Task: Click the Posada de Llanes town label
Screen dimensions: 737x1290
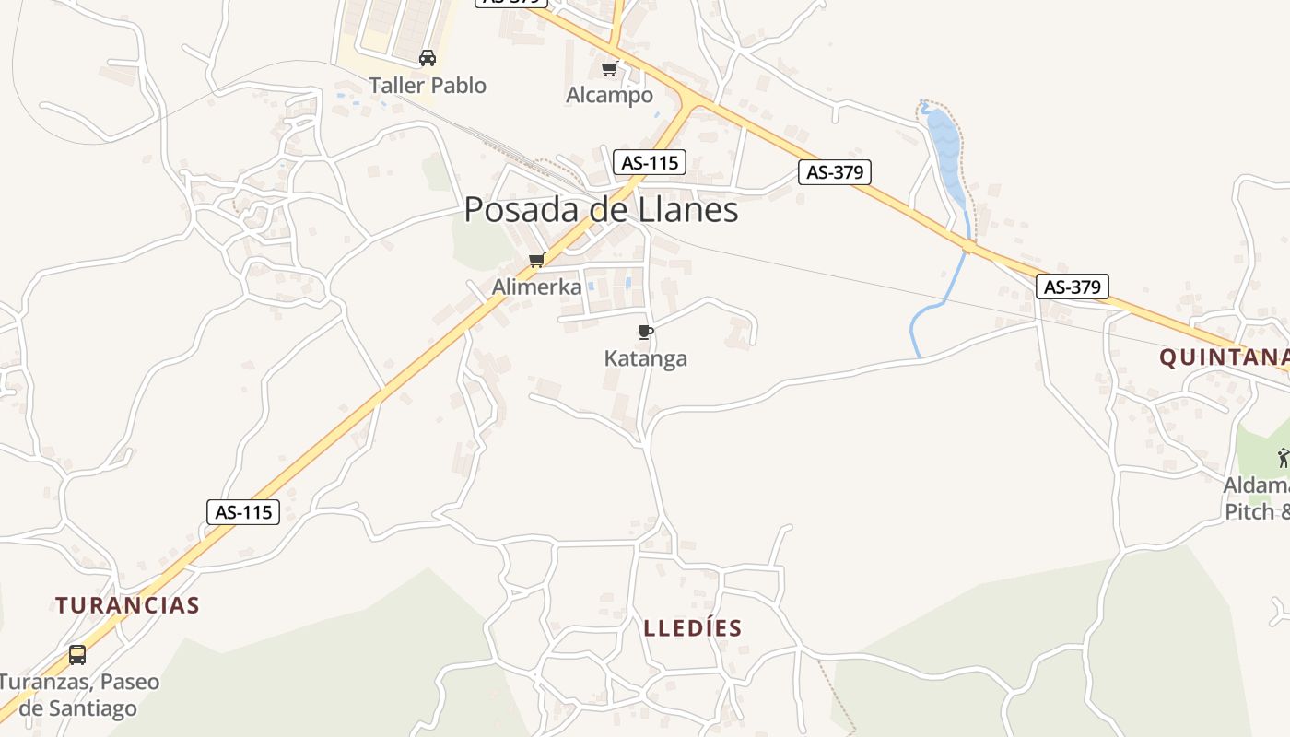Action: [x=601, y=210]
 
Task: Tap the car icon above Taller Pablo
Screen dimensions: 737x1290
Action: [x=428, y=58]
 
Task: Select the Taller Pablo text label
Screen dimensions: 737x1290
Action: [x=428, y=86]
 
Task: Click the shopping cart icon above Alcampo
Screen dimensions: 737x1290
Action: [x=609, y=68]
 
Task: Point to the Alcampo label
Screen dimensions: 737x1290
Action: [x=609, y=95]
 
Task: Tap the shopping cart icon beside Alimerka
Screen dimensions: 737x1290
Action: [x=537, y=260]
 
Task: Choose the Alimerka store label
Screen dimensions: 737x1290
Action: [x=537, y=287]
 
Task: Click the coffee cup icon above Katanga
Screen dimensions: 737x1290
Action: [x=646, y=332]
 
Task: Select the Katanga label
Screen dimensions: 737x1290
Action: [x=646, y=358]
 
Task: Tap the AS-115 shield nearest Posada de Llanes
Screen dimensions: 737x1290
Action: [x=650, y=163]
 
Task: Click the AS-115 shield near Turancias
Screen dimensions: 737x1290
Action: [x=244, y=512]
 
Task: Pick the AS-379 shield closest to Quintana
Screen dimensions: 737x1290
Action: [x=1073, y=287]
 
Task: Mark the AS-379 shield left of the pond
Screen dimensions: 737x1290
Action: [x=834, y=172]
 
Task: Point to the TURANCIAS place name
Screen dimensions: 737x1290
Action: [x=127, y=605]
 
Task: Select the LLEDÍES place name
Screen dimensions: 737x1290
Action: [x=693, y=628]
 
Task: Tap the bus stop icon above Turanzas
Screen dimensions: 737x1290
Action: [x=77, y=655]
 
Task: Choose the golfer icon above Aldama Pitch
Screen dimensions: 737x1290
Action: [x=1284, y=457]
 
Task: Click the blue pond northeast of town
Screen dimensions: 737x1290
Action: [x=944, y=147]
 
